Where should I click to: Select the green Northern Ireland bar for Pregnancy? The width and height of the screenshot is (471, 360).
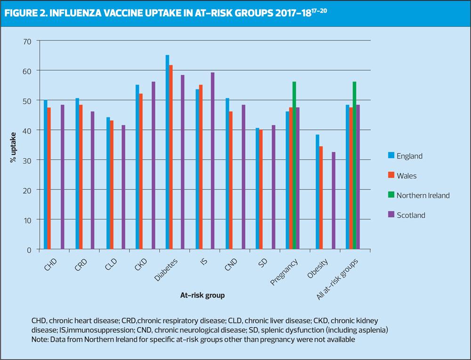294,165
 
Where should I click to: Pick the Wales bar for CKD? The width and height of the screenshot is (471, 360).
141,171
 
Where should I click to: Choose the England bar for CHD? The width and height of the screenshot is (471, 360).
46,175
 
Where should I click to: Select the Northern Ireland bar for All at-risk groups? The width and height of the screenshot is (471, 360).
354,165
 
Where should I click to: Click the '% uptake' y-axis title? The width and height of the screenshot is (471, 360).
13,145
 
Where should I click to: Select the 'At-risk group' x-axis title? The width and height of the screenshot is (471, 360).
202,296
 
